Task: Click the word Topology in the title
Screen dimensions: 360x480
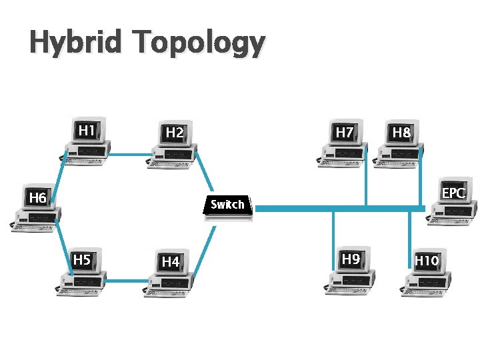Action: pyautogui.click(x=198, y=43)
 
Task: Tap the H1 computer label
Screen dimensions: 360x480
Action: pyautogui.click(x=86, y=130)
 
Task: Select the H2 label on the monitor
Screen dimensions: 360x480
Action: pyautogui.click(x=175, y=133)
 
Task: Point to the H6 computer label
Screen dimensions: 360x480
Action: pyautogui.click(x=37, y=198)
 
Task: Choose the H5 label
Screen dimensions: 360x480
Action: pyautogui.click(x=81, y=260)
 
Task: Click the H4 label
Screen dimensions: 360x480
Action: pyautogui.click(x=171, y=262)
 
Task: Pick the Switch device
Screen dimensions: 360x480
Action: pyautogui.click(x=227, y=205)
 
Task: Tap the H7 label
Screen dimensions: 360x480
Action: pyautogui.click(x=344, y=133)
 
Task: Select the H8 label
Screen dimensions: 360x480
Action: pyautogui.click(x=401, y=133)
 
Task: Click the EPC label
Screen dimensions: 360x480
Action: pyautogui.click(x=453, y=193)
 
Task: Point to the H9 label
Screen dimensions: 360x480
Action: pyautogui.click(x=351, y=259)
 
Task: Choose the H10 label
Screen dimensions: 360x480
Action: pyautogui.click(x=427, y=261)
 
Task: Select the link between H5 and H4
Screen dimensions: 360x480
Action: pyautogui.click(x=125, y=281)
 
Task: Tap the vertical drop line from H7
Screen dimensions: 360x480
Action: pyautogui.click(x=366, y=183)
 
